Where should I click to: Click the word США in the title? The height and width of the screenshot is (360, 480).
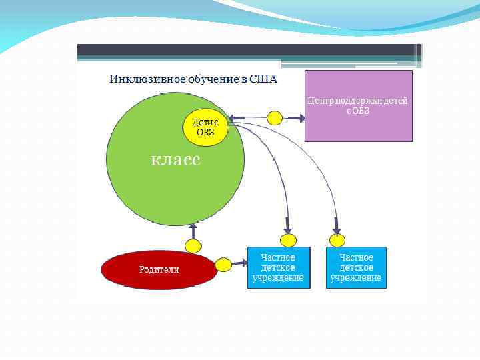click(263, 80)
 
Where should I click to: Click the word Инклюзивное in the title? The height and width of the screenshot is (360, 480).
click(139, 80)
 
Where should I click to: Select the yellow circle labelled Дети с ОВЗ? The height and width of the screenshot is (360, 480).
click(206, 127)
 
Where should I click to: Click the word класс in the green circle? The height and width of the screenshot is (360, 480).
click(175, 160)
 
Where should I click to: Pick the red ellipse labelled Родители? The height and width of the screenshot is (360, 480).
click(159, 269)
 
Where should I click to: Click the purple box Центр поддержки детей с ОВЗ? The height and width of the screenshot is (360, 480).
click(358, 106)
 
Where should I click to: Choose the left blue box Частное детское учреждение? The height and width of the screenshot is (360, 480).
click(279, 267)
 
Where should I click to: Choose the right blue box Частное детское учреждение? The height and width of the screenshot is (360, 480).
click(356, 267)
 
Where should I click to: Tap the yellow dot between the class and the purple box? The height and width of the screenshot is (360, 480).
click(275, 118)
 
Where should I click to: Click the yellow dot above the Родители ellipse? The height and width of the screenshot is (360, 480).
click(193, 246)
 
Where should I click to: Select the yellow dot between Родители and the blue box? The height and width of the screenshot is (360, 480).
click(224, 265)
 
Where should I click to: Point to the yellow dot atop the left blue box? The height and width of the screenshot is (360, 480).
click(288, 240)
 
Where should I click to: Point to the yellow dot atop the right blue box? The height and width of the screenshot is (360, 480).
click(338, 240)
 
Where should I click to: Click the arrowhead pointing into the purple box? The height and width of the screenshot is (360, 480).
click(301, 119)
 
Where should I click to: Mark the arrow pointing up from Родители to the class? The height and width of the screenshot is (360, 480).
click(193, 231)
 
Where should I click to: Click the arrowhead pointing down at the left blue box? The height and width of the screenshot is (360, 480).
click(287, 228)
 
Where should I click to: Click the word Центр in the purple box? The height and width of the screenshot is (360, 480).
click(319, 101)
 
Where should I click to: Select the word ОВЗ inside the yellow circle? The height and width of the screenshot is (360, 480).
click(205, 132)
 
